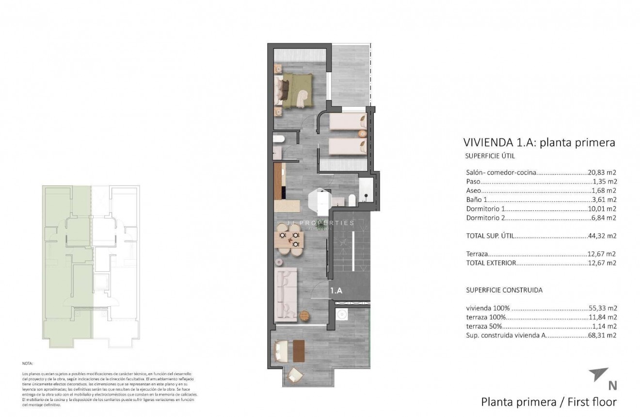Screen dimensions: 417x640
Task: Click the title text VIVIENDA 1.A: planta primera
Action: click(x=539, y=143)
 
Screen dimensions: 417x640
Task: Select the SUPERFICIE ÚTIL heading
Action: click(x=490, y=156)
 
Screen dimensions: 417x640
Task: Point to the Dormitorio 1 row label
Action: click(x=485, y=209)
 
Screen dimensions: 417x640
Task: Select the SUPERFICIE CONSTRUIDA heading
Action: click(x=504, y=290)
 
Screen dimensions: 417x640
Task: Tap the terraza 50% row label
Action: click(x=484, y=326)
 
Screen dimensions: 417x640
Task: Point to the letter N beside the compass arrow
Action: click(x=612, y=385)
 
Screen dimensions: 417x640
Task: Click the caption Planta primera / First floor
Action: click(x=548, y=402)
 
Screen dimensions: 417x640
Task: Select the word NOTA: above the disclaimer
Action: click(x=28, y=363)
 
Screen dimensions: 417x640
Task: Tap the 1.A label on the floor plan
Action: click(x=336, y=291)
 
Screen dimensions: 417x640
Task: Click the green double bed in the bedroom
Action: click(x=295, y=90)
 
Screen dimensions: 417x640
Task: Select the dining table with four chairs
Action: click(x=289, y=240)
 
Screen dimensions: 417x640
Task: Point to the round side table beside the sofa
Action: click(x=304, y=315)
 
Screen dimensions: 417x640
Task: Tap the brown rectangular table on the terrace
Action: click(x=298, y=351)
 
